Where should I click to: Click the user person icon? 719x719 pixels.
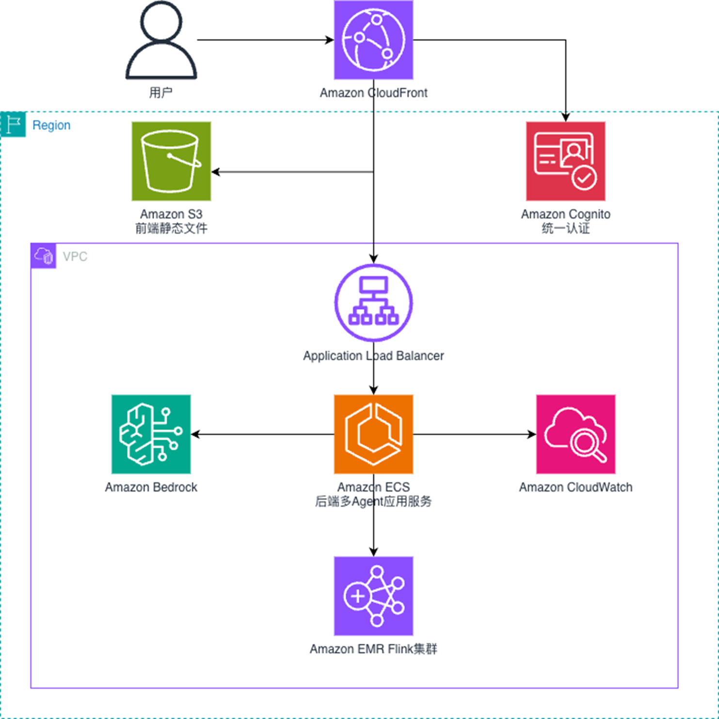point(161,41)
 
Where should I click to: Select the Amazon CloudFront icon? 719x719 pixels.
point(373,40)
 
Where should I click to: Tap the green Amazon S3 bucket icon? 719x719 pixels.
point(171,161)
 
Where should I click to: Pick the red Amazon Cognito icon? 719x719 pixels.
point(565,161)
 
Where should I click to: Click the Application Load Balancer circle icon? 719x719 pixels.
point(373,303)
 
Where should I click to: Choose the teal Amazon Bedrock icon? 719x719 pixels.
point(151,434)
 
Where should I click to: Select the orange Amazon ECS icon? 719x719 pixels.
point(373,434)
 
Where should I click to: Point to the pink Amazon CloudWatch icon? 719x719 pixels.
point(575,434)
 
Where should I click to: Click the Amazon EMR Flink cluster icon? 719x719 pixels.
point(373,596)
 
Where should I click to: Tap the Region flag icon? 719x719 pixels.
point(13,125)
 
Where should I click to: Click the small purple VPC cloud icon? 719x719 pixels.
point(44,256)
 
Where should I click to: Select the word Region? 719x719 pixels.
point(51,125)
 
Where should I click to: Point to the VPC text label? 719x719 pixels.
point(75,256)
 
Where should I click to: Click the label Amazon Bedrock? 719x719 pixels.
point(151,487)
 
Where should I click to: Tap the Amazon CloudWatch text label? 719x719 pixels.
point(575,487)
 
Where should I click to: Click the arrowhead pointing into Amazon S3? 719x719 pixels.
point(216,172)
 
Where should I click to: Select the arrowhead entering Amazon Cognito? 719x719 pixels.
point(565,117)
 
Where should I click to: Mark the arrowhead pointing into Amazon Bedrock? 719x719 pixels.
point(195,434)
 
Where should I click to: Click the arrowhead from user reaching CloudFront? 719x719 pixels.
point(329,40)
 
